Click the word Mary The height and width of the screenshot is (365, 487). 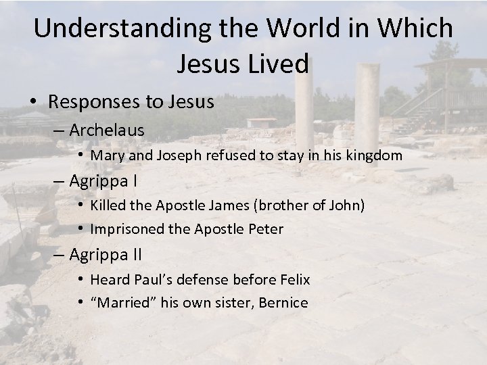point(105,155)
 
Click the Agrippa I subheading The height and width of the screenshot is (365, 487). point(101,180)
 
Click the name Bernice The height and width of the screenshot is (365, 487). point(284,303)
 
